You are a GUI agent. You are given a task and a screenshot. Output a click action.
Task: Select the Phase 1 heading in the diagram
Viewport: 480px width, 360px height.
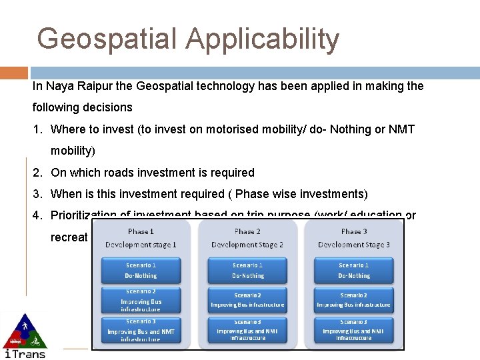(x=141, y=231)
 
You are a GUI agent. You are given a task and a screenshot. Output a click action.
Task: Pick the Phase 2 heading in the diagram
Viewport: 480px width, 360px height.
(x=247, y=231)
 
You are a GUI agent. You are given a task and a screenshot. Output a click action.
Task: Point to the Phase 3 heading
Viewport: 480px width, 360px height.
(x=354, y=231)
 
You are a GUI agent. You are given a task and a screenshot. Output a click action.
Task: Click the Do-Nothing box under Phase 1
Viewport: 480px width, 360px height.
(x=141, y=270)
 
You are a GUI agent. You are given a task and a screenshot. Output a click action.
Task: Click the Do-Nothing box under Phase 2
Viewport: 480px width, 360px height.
(x=247, y=270)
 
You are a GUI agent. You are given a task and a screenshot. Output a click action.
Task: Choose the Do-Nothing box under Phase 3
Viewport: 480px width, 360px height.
(x=354, y=270)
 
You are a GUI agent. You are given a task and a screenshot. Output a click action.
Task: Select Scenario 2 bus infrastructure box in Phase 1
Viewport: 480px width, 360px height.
(x=141, y=301)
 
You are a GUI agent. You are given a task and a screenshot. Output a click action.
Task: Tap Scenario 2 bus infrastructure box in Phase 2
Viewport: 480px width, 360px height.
(x=247, y=301)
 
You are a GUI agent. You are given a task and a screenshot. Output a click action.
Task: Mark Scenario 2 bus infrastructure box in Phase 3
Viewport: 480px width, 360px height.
(x=354, y=301)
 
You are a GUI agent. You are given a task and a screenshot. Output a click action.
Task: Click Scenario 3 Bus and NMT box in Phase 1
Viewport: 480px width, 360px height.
(x=141, y=331)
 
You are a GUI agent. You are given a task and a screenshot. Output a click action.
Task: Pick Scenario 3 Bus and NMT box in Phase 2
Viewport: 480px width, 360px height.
(x=247, y=331)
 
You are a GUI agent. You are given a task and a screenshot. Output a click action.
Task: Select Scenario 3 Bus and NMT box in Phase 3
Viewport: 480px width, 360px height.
(x=354, y=331)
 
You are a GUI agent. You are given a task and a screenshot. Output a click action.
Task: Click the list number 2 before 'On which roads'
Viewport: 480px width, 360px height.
(x=37, y=173)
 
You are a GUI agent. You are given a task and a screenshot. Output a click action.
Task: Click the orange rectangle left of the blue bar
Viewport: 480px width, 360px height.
(x=14, y=73)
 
